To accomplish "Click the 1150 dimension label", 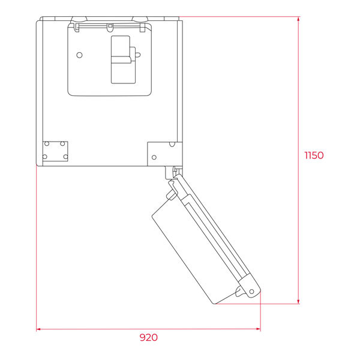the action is click(x=314, y=155).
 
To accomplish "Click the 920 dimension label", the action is click(x=149, y=337).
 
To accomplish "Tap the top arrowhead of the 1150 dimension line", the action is click(x=298, y=19).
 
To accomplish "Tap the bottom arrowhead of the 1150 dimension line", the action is click(x=298, y=301).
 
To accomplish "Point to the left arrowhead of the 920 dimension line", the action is click(x=38, y=329).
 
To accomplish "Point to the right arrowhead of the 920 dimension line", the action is click(x=258, y=329).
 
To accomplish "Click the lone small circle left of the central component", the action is click(x=79, y=55).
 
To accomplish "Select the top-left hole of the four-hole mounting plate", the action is click(x=47, y=144).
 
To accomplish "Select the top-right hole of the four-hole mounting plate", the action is click(x=62, y=144).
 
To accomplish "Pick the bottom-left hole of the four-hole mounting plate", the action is click(x=45, y=157).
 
